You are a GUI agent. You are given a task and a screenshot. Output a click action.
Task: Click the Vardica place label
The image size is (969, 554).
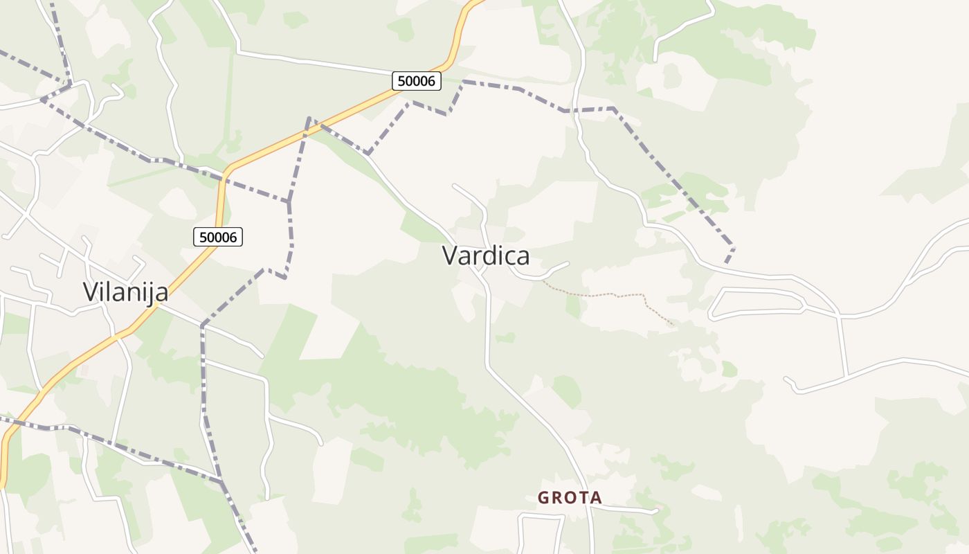tap(486, 256)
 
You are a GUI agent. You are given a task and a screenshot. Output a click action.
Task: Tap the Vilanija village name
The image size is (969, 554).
tap(125, 292)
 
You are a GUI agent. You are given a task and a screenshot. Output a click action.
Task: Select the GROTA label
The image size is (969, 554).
tap(570, 497)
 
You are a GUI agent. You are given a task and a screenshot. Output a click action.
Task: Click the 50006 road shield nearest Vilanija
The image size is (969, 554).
tap(218, 237)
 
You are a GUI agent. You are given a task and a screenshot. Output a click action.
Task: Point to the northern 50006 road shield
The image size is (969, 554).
tap(417, 81)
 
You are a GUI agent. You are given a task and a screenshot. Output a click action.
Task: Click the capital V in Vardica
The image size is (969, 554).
tap(451, 256)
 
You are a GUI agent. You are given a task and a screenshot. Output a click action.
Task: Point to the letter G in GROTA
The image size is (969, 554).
tap(543, 497)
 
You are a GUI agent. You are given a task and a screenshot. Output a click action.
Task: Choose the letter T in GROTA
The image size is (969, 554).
tap(583, 497)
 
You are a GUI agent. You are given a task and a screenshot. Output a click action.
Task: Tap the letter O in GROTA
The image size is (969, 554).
tap(570, 497)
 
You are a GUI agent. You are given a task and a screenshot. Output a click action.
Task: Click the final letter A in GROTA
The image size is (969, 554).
tap(596, 497)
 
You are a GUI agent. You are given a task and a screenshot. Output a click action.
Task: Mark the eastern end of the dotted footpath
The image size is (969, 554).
tap(672, 324)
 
